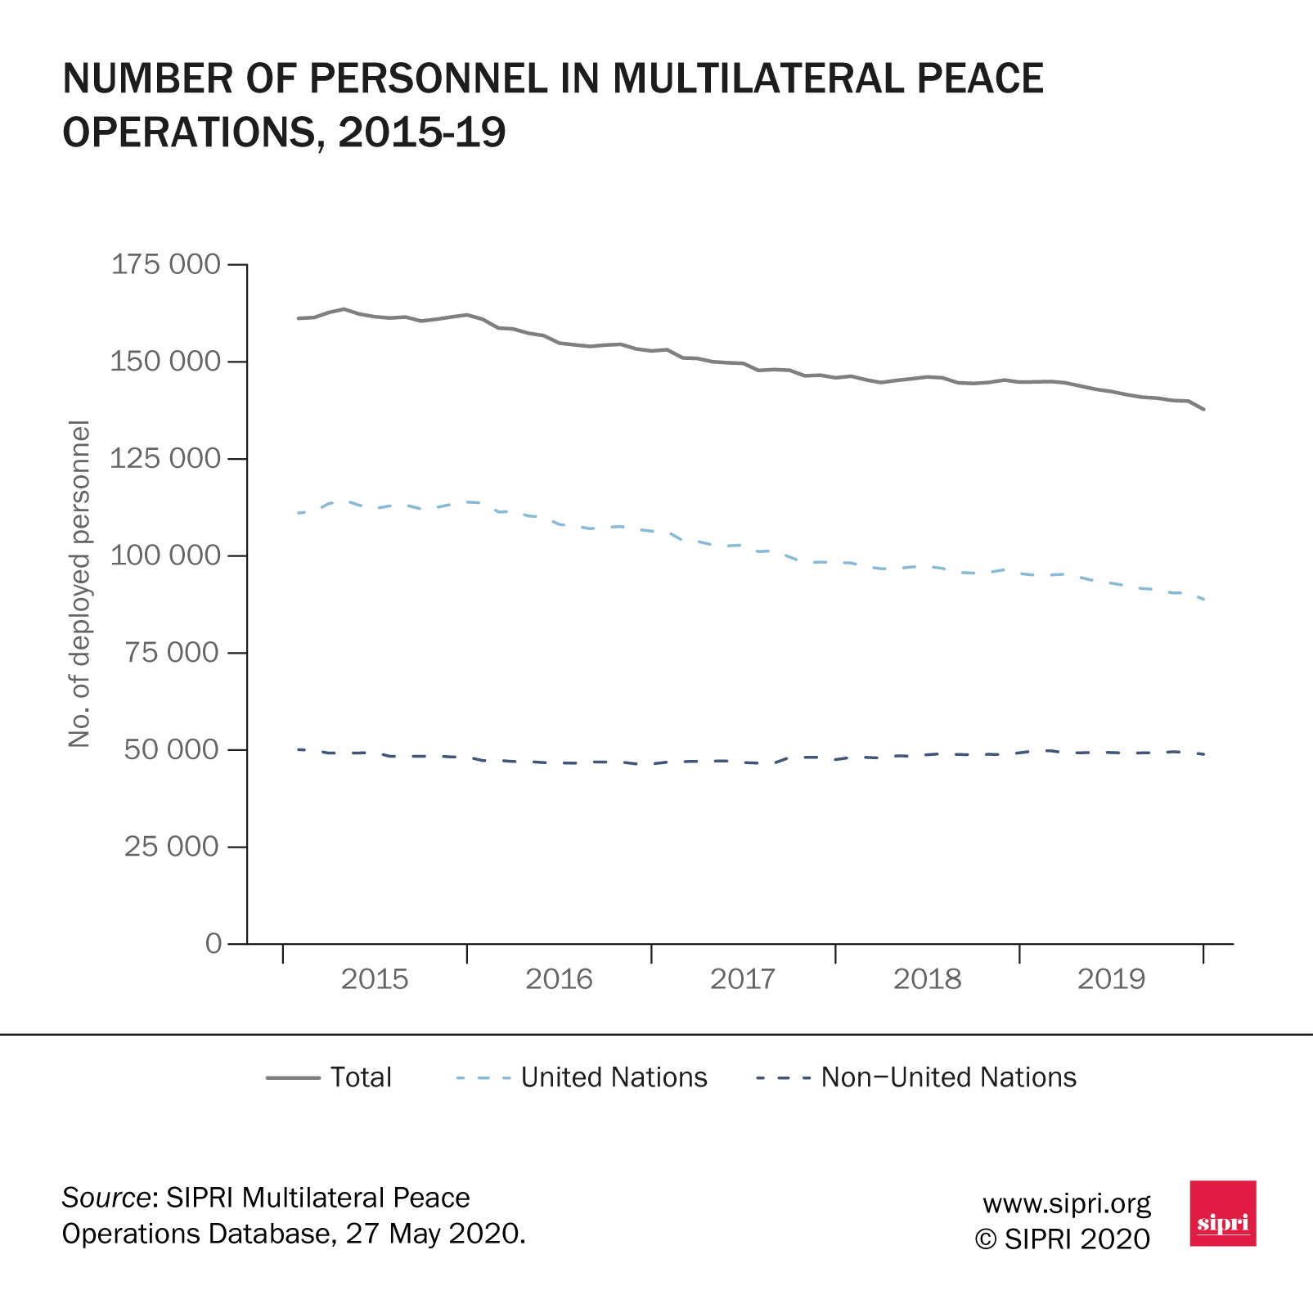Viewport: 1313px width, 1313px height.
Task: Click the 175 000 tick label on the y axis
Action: click(x=165, y=264)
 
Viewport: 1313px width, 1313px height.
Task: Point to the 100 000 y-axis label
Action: click(x=165, y=555)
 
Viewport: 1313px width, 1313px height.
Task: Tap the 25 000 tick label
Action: click(x=172, y=846)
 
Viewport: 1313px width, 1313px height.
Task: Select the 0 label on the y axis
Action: click(x=214, y=943)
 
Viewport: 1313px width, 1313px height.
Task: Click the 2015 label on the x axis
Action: click(x=375, y=979)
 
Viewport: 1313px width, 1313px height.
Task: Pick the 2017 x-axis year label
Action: click(x=743, y=979)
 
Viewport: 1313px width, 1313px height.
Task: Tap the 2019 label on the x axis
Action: click(x=1111, y=979)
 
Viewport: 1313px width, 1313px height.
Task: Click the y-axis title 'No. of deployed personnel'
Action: click(x=79, y=584)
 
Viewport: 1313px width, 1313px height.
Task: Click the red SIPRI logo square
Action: click(x=1222, y=1213)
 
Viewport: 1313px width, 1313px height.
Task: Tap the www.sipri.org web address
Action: click(x=1066, y=1203)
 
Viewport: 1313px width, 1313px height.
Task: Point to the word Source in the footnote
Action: click(x=106, y=1198)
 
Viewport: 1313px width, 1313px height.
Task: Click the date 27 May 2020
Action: click(x=434, y=1234)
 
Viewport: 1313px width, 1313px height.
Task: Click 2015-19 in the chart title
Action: click(x=422, y=132)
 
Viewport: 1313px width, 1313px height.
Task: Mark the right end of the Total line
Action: click(x=1203, y=409)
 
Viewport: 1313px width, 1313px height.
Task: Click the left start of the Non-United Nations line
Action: click(x=299, y=749)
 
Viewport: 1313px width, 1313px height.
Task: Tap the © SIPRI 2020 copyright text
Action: click(x=1063, y=1239)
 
